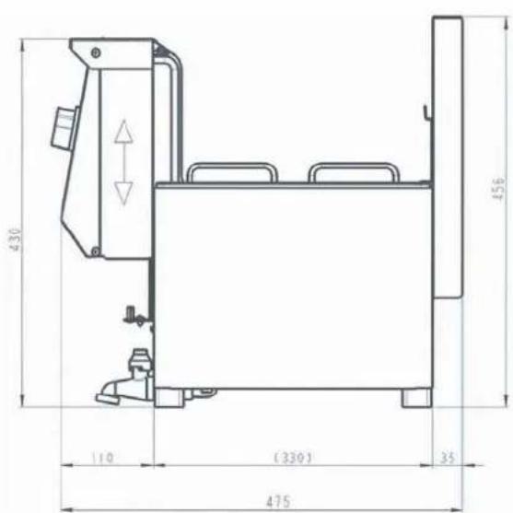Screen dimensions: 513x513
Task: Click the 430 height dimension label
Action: [16, 239]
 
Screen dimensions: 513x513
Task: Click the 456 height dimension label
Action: [498, 189]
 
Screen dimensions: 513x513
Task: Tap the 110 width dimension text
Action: [103, 458]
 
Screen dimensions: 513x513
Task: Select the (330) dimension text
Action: [293, 458]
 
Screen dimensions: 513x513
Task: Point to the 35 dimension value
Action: [448, 458]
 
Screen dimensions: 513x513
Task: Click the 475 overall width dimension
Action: [278, 502]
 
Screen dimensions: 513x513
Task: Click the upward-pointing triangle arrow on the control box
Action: [123, 132]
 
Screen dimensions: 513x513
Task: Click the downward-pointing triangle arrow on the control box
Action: [123, 193]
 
